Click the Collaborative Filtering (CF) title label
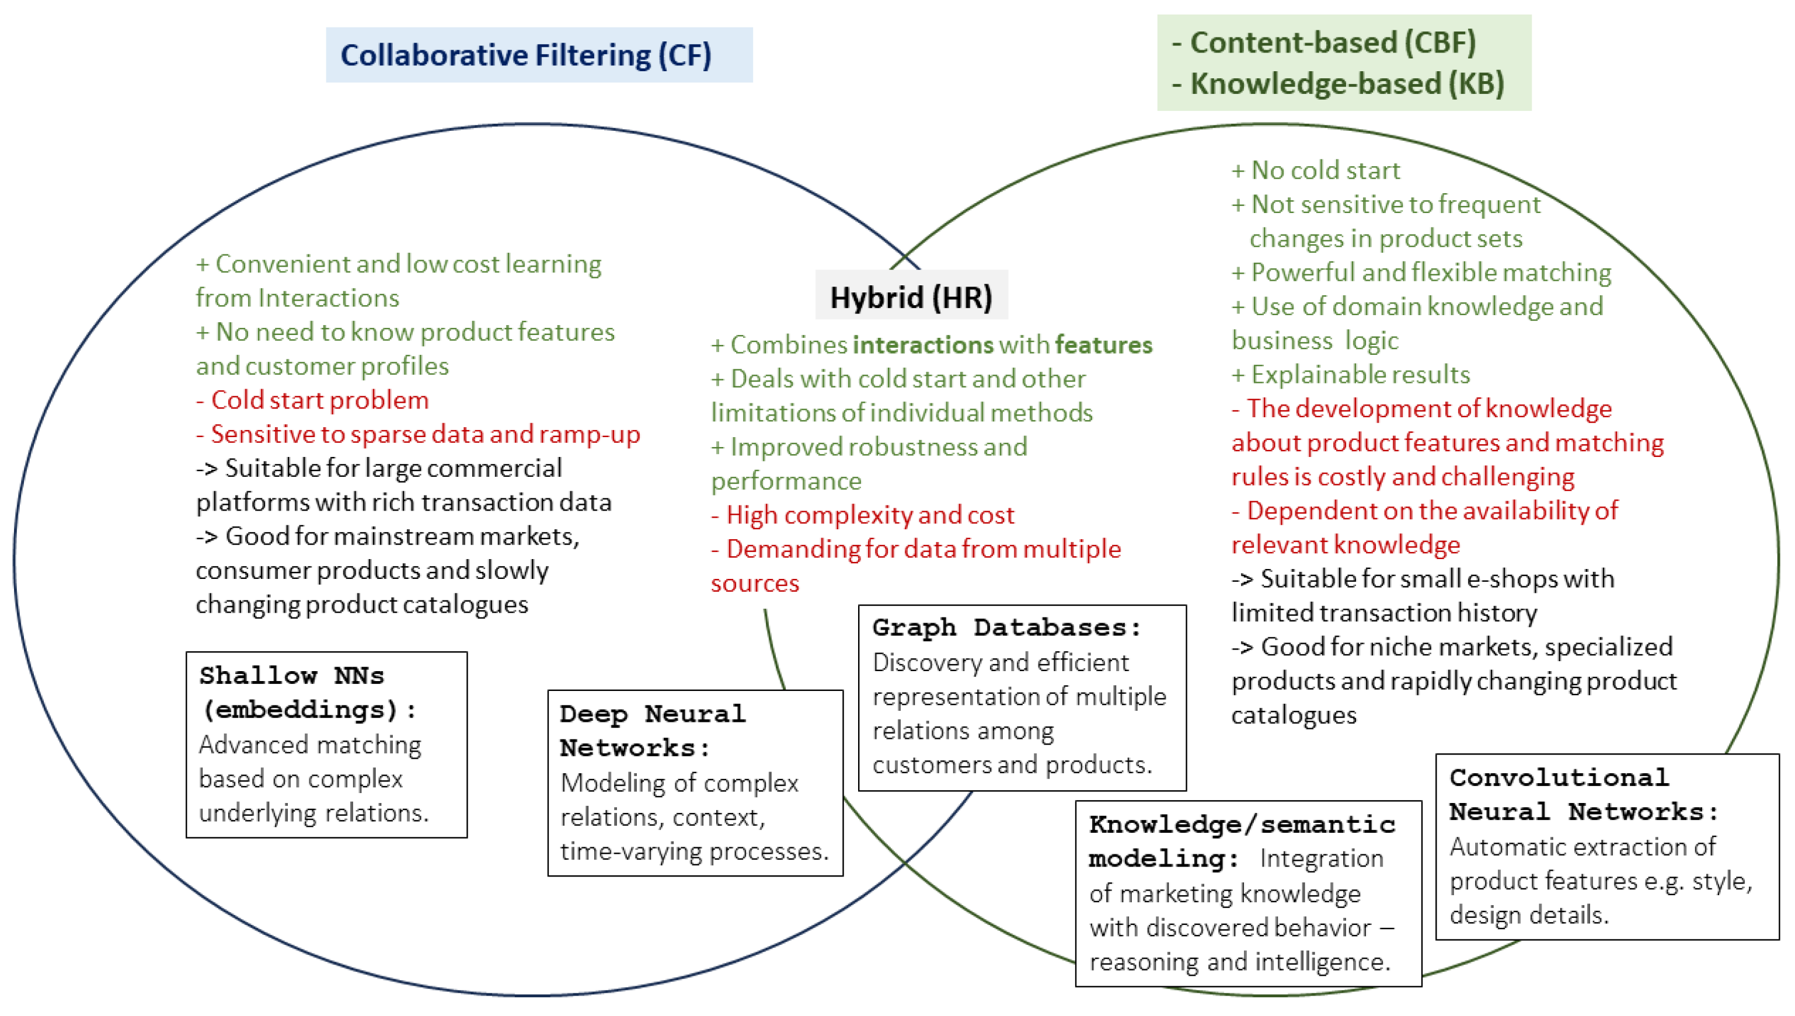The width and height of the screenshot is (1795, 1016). pyautogui.click(x=525, y=55)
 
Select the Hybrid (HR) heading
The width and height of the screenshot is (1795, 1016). pyautogui.click(x=910, y=297)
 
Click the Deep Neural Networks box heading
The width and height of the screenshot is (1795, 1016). pyautogui.click(x=653, y=731)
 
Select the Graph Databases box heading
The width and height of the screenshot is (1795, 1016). pyautogui.click(x=1006, y=627)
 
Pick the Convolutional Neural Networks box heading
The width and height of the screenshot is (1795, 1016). pyautogui.click(x=1583, y=795)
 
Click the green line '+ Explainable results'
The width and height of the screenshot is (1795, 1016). pyautogui.click(x=1350, y=375)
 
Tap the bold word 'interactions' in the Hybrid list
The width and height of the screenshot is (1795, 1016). pyautogui.click(x=923, y=345)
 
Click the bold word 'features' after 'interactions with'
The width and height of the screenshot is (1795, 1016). pyautogui.click(x=1103, y=345)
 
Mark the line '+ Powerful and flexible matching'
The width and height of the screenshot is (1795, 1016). pyautogui.click(x=1421, y=272)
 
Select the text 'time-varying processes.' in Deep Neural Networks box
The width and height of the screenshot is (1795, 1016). pyautogui.click(x=693, y=851)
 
